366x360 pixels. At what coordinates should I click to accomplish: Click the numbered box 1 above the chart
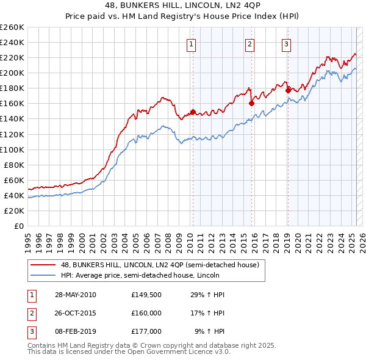(192, 43)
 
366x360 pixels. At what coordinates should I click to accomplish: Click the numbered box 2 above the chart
(250, 43)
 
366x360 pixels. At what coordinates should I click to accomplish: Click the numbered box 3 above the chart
(286, 43)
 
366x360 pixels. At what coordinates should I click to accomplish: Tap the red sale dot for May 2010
(193, 112)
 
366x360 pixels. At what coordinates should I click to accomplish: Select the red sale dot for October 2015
(251, 104)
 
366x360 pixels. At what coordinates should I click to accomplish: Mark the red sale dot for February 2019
(288, 90)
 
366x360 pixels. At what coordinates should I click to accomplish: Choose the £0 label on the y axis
(18, 226)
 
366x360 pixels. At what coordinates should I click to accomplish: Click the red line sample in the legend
(43, 264)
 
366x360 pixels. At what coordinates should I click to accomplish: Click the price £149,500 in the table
(146, 295)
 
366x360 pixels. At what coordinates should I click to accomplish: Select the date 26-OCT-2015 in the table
(75, 313)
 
